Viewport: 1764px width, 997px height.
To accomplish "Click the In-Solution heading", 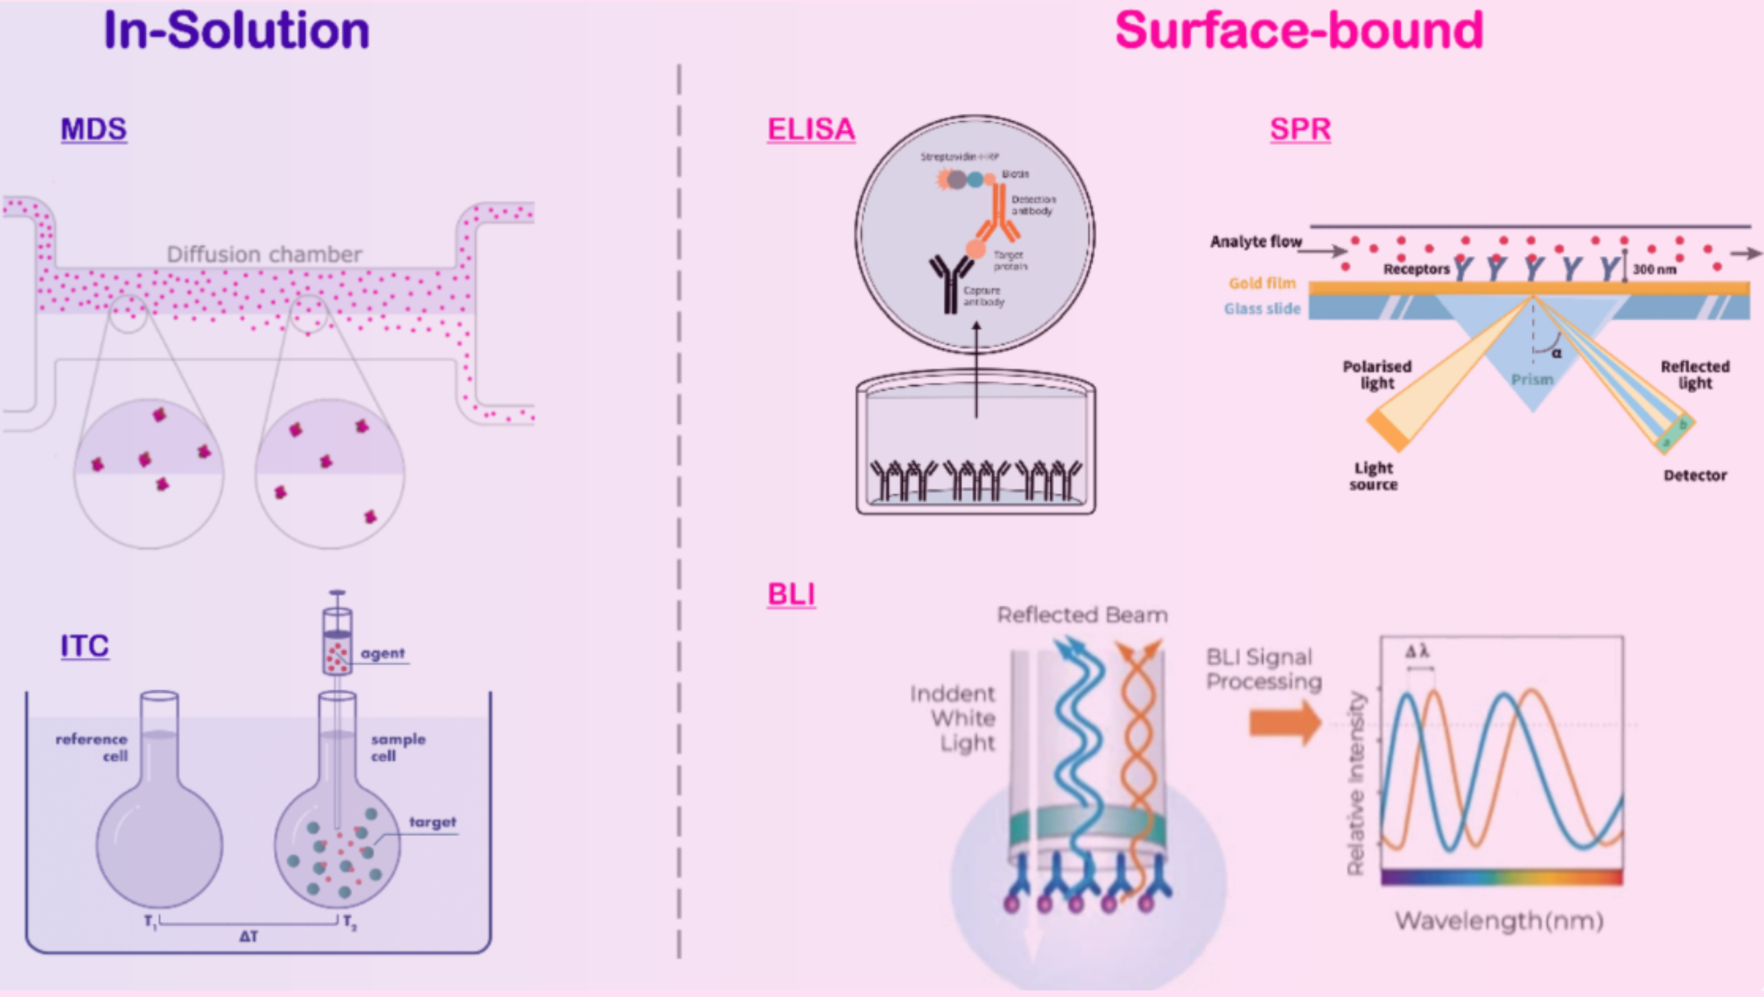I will [x=236, y=31].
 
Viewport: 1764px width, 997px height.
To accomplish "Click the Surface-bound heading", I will [x=1299, y=31].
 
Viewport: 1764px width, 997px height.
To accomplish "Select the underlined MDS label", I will [x=93, y=128].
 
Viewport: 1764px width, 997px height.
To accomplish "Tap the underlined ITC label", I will [x=84, y=645].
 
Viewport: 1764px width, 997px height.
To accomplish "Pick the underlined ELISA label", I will [x=811, y=128].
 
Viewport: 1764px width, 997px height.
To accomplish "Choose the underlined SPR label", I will [x=1300, y=128].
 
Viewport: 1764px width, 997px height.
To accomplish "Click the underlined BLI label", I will [x=791, y=594].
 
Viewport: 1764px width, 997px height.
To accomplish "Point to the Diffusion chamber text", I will [x=264, y=255].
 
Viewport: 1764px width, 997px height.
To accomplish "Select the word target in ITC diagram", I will [x=432, y=822].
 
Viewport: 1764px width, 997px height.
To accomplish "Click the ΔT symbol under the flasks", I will [x=249, y=936].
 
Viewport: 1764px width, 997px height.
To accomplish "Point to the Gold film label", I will [x=1262, y=283].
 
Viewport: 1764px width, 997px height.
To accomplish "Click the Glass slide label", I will [x=1262, y=309].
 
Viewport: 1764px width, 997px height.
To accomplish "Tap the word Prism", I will [x=1532, y=379].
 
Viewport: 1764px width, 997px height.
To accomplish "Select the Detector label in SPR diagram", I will [x=1695, y=475].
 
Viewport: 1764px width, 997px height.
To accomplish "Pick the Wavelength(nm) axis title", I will [x=1499, y=921].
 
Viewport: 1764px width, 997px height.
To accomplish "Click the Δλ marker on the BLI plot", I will [x=1416, y=651].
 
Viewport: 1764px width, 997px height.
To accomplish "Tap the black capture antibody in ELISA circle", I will [x=950, y=284].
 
